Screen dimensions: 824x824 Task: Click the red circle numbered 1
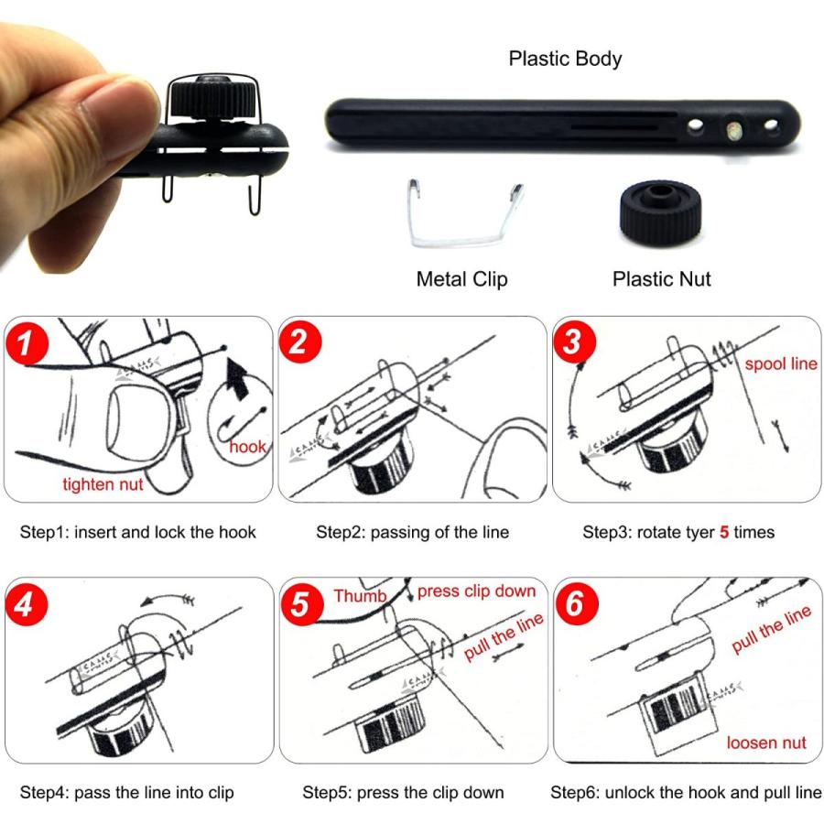(27, 342)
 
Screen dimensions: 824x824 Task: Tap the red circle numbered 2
(299, 342)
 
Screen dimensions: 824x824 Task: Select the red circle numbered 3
(574, 342)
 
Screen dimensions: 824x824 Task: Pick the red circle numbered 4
(27, 604)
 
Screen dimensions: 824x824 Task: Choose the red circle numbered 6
(576, 603)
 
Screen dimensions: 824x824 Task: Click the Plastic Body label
(565, 59)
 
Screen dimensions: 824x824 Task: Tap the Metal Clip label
(462, 279)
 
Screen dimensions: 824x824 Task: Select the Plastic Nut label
(662, 279)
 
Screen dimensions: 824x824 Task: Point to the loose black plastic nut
(660, 214)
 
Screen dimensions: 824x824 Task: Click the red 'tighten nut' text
(103, 484)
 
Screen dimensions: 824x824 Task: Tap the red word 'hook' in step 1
(247, 447)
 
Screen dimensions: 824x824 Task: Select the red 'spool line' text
(781, 363)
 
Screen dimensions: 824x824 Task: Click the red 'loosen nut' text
(766, 743)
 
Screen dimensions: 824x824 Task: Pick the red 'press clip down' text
(477, 591)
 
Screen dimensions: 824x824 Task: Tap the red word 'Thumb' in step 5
(360, 596)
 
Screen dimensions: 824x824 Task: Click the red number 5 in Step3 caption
(724, 532)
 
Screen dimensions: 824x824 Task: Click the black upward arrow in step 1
(236, 378)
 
